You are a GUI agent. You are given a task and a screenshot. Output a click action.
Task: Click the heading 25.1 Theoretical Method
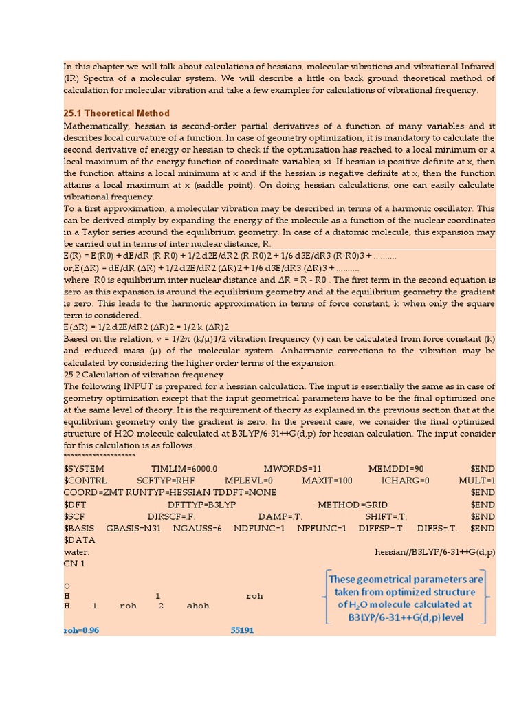pyautogui.click(x=116, y=113)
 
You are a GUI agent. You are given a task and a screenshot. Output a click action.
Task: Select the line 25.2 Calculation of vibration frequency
pyautogui.click(x=143, y=375)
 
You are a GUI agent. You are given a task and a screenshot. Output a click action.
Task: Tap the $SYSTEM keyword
pyautogui.click(x=85, y=468)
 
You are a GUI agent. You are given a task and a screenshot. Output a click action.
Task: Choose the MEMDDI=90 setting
pyautogui.click(x=396, y=468)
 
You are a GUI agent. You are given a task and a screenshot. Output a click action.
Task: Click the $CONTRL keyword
pyautogui.click(x=86, y=481)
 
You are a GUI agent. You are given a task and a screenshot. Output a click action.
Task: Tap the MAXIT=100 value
pyautogui.click(x=327, y=481)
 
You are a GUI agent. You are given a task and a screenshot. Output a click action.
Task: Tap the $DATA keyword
pyautogui.click(x=79, y=540)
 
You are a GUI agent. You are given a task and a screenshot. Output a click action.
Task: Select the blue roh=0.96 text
pyautogui.click(x=81, y=630)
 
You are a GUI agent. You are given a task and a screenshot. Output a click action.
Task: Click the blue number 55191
pyautogui.click(x=242, y=630)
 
